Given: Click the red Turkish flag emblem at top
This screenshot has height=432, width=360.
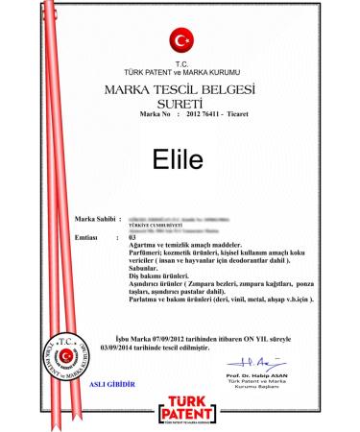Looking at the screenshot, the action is (181, 40).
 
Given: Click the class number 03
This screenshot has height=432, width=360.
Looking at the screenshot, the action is (133, 236).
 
